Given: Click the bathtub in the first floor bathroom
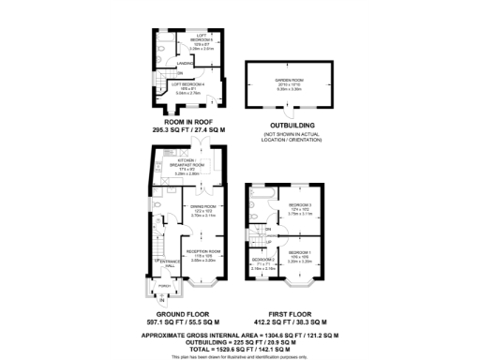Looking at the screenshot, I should [x=261, y=191].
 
